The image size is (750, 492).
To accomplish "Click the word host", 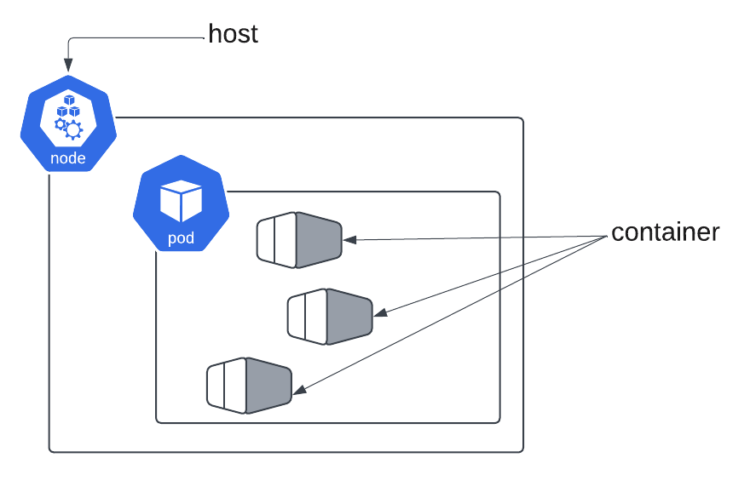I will [233, 34].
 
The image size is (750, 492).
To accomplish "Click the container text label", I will [665, 232].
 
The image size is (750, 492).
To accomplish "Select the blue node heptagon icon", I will [68, 124].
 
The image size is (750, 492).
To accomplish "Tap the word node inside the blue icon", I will [68, 158].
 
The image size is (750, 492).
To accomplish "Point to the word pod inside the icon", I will [181, 238].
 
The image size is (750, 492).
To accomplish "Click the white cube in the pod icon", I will [181, 200].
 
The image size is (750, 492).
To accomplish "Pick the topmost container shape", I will [299, 241].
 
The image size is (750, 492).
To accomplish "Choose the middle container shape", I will [330, 317].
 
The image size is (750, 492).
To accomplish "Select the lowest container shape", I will [250, 386].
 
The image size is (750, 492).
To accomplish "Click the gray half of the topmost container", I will [318, 241].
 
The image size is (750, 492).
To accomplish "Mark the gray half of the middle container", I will [349, 317].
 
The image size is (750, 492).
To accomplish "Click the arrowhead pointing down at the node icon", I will [68, 66].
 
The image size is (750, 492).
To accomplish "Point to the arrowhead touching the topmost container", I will [349, 241].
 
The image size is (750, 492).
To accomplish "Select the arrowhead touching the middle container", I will [380, 314].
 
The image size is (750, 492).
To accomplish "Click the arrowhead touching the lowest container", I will [299, 391].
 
